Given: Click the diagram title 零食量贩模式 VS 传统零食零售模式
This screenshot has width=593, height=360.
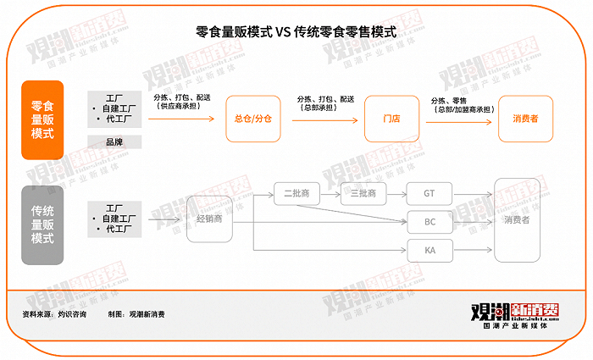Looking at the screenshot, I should coord(296,32).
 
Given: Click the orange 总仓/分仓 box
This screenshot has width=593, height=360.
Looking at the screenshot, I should coord(252,119).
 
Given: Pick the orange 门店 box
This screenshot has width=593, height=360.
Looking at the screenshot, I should coord(391,119).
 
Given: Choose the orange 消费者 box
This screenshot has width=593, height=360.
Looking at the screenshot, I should coord(525,119).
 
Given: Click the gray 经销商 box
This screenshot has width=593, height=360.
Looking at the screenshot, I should coord(208,219).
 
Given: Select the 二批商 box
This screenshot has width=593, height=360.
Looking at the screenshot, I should coord(296,193).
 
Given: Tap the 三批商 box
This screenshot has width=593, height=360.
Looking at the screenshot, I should coord(363,193).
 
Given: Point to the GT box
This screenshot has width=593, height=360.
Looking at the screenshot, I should coord(429,193).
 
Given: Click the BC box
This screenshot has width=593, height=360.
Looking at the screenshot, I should coord(429,222).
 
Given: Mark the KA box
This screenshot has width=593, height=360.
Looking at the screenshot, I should coord(429,251).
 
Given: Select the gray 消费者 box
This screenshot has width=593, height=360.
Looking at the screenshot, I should coord(517,220).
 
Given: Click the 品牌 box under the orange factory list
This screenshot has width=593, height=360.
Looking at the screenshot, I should coord(114,142).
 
